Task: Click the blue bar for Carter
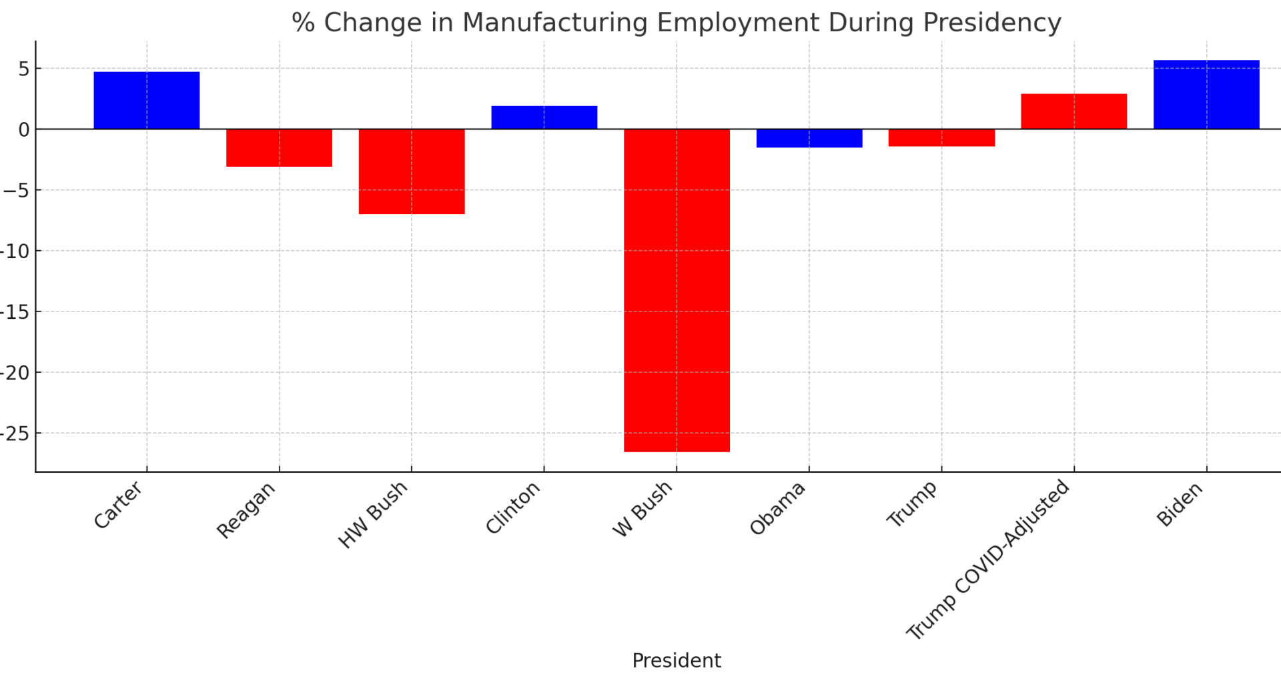click(x=146, y=100)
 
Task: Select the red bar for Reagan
click(x=279, y=147)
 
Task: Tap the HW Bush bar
click(x=411, y=171)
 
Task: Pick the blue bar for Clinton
click(x=544, y=117)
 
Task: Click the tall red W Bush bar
click(x=677, y=290)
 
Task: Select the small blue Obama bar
click(x=809, y=138)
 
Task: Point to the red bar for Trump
click(x=941, y=137)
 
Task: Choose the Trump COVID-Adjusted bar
click(x=1074, y=111)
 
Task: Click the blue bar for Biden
click(x=1206, y=95)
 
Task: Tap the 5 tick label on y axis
click(x=23, y=69)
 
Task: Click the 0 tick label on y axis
click(x=23, y=129)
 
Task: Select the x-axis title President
click(x=676, y=660)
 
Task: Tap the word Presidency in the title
click(x=991, y=23)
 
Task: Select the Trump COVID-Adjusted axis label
click(x=988, y=560)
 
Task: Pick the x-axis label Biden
click(x=1180, y=505)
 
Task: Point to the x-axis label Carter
click(x=118, y=506)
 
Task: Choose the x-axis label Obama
click(x=778, y=509)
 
